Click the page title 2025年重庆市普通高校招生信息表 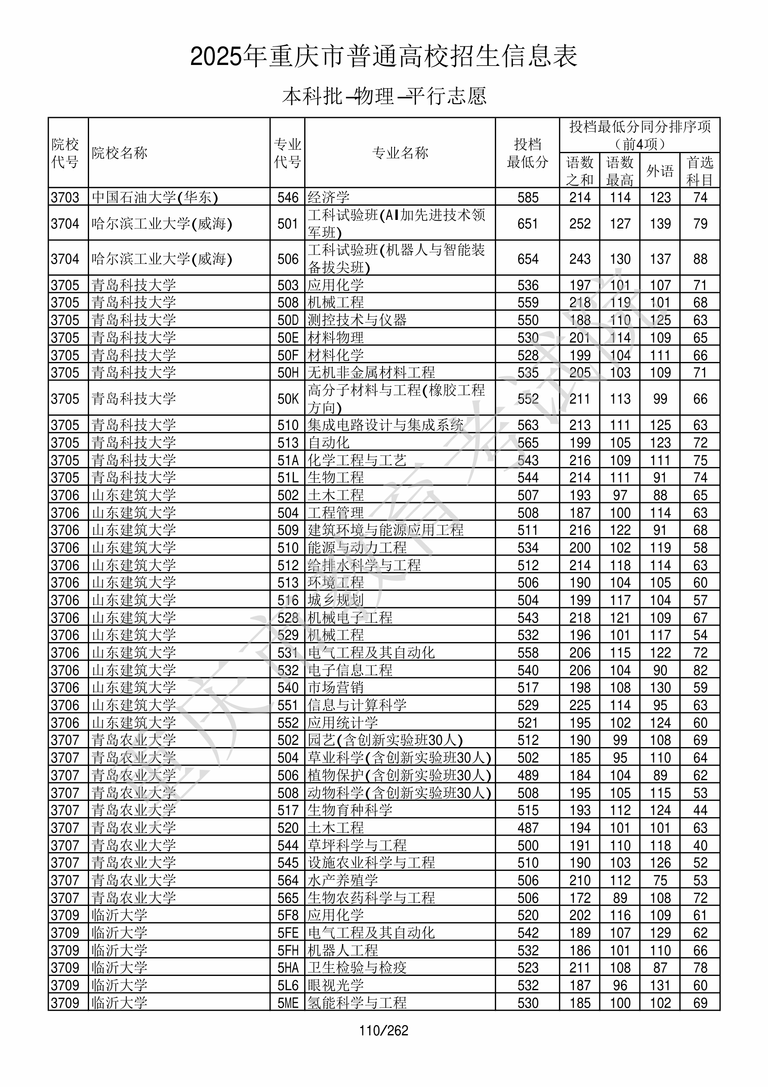[383, 57]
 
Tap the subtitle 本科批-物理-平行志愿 [383, 96]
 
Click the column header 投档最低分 [527, 153]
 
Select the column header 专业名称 [400, 153]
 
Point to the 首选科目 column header [700, 170]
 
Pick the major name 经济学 [329, 197]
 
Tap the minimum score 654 [527, 259]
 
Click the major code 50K [287, 398]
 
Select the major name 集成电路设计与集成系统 [386, 425]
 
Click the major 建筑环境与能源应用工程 [386, 530]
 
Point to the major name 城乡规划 [335, 600]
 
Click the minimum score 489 [527, 775]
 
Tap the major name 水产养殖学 [342, 880]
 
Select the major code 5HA [287, 968]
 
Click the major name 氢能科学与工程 [357, 1003]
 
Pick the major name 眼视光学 [335, 985]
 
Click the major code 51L [287, 477]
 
